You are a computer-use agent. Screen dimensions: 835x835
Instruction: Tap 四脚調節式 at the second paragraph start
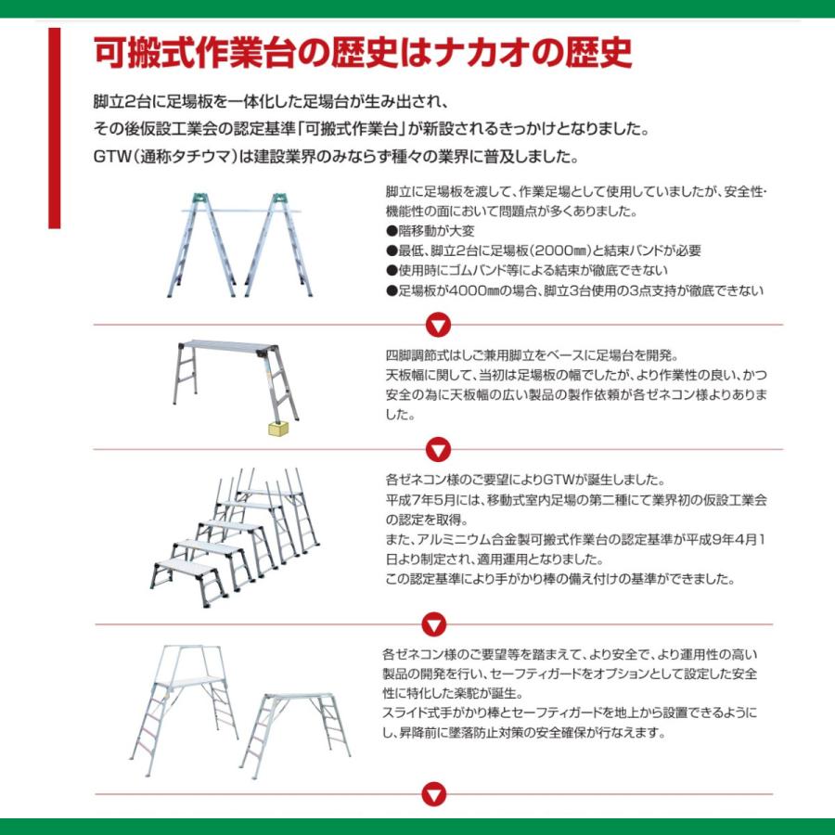[415, 355]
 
